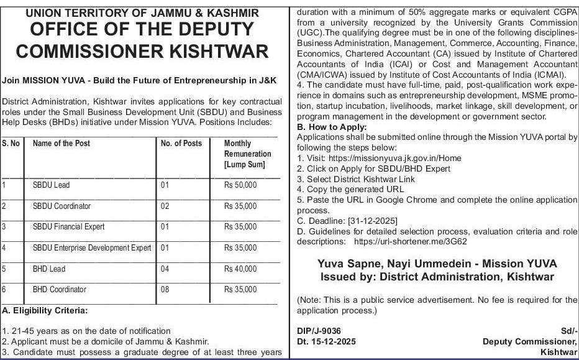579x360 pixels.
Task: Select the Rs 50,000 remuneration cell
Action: pyautogui.click(x=240, y=185)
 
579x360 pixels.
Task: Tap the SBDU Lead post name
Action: pyautogui.click(x=51, y=185)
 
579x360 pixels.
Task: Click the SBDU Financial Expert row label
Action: pyautogui.click(x=68, y=227)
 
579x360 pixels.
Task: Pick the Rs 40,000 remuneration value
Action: pyautogui.click(x=240, y=269)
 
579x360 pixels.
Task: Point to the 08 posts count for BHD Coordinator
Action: pyautogui.click(x=165, y=290)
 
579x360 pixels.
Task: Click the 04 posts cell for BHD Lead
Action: pyautogui.click(x=165, y=269)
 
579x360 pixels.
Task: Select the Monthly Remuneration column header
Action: pyautogui.click(x=247, y=154)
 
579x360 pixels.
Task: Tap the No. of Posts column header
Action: pyautogui.click(x=181, y=144)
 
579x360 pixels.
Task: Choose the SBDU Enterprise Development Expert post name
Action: pyautogui.click(x=92, y=248)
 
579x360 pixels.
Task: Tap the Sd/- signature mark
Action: pyautogui.click(x=569, y=331)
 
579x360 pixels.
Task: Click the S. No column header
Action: pyautogui.click(x=11, y=144)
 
